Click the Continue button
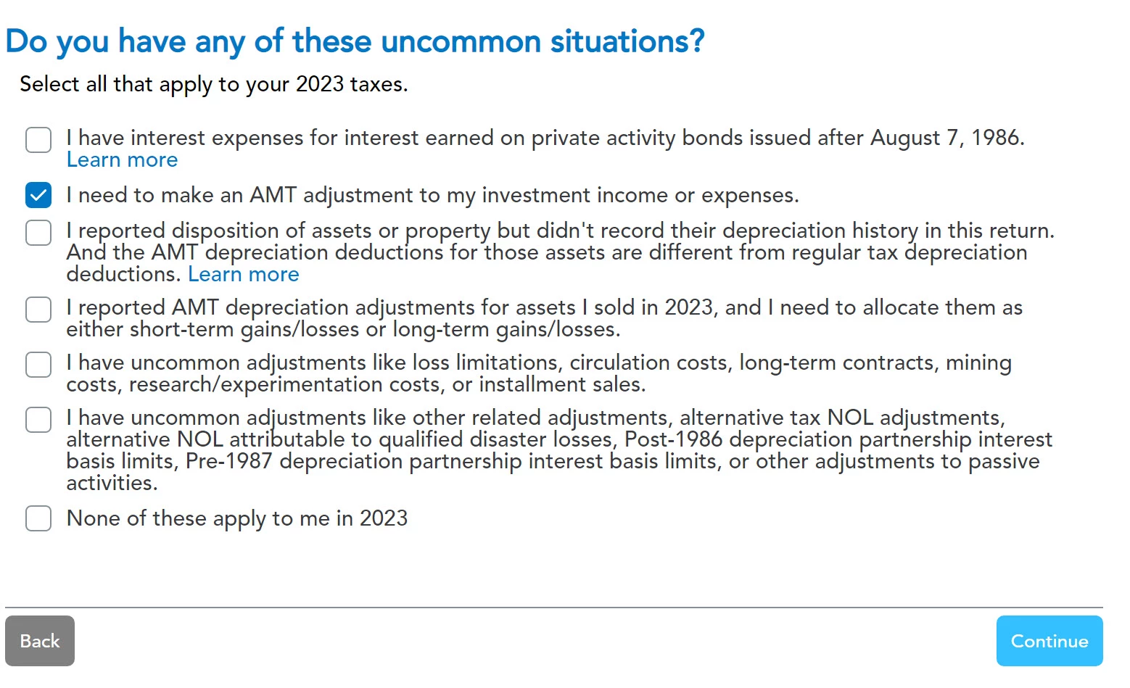[x=1049, y=641]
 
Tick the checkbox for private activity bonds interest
[x=38, y=140]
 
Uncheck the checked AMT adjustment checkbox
[x=38, y=195]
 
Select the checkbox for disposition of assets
[x=38, y=233]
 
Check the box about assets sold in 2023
[x=38, y=309]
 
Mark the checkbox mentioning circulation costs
[x=38, y=364]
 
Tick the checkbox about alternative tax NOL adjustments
[x=38, y=420]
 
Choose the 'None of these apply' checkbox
[x=38, y=518]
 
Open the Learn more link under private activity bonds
[x=122, y=160]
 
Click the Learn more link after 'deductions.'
[x=244, y=274]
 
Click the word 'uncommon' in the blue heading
[x=461, y=41]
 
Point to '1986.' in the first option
[x=998, y=138]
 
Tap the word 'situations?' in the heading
[x=627, y=41]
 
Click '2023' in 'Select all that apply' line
[x=320, y=84]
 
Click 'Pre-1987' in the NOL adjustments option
[x=229, y=461]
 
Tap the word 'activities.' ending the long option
[x=112, y=484]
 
